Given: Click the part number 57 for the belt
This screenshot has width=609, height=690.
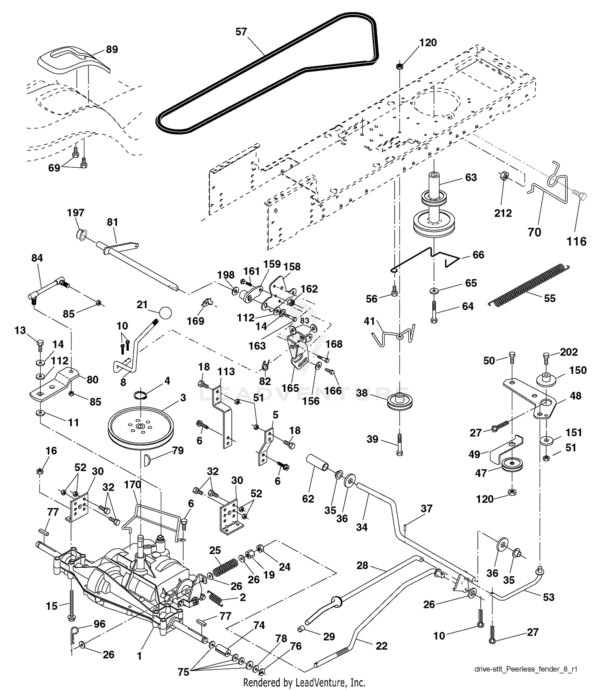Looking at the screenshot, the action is point(241,32).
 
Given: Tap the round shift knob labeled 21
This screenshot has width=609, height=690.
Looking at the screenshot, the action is point(165,313).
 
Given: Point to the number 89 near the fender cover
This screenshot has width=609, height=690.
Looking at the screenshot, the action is point(112,49).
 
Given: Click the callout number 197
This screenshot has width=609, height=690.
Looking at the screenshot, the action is point(76,212).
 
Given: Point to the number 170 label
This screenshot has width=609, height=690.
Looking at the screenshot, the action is point(132,485).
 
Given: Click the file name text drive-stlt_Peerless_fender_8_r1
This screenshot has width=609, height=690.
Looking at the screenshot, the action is point(526,669).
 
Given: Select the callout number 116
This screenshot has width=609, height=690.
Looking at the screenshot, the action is point(577,242).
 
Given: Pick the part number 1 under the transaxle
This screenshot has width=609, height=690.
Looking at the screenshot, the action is point(139,656).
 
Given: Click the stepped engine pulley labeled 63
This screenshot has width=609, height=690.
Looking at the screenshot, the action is point(434,210).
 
